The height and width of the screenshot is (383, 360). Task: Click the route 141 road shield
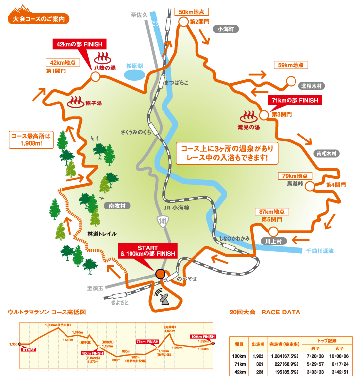(163, 223)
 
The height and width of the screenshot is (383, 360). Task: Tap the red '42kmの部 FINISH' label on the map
(79, 43)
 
